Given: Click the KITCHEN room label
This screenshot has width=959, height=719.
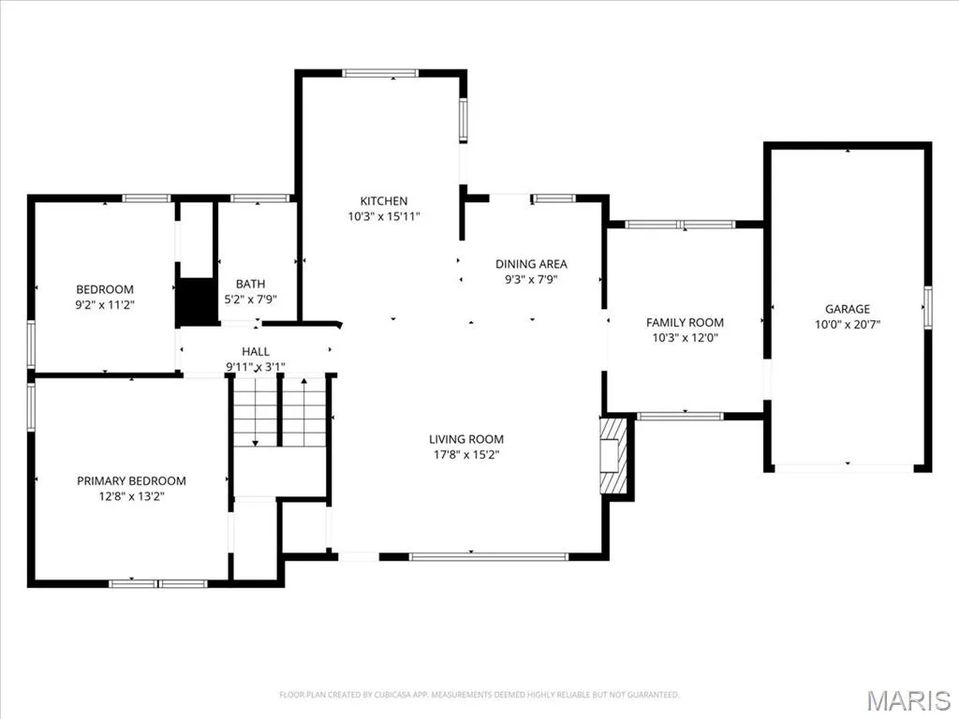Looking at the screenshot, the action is tap(383, 200).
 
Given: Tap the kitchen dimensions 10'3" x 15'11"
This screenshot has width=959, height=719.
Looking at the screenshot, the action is tap(384, 216).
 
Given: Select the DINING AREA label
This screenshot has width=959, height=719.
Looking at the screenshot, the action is tap(531, 264).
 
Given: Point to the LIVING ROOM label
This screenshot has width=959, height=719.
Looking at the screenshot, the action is tap(466, 439).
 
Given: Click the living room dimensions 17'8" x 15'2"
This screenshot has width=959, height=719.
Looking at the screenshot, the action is tap(466, 455).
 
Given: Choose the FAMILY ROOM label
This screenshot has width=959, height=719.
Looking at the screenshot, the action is tap(685, 322).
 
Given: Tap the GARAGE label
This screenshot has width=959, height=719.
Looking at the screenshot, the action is tap(847, 309).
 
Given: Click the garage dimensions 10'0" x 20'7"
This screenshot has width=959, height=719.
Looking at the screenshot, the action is tap(847, 325).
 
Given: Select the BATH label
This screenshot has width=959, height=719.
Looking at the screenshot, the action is tap(251, 284).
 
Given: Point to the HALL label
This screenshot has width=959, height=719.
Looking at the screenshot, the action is tap(256, 352).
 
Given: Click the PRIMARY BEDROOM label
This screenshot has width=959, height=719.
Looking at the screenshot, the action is tap(131, 481).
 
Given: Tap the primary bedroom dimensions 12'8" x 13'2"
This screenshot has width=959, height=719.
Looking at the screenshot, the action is tap(131, 496).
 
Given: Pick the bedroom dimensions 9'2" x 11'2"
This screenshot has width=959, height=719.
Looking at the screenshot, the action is tap(105, 304).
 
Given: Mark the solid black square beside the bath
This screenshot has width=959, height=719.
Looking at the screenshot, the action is tap(197, 301).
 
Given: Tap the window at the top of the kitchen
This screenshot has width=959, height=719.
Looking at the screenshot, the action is tap(380, 73).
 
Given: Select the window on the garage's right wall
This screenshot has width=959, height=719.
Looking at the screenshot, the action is tap(928, 307).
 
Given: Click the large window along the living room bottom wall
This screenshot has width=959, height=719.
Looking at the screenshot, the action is tap(489, 556).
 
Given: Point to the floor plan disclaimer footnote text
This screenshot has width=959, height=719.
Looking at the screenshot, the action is tap(479, 695).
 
